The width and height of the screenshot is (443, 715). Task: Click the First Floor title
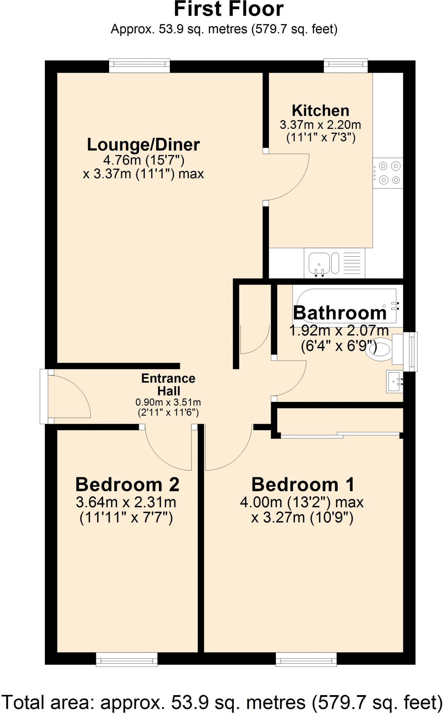228,9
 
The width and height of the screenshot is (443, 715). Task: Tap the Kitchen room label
320,111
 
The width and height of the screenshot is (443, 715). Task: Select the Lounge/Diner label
143,145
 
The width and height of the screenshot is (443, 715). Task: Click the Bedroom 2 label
127,485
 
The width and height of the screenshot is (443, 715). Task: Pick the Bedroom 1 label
303,485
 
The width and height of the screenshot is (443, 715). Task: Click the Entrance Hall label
168,384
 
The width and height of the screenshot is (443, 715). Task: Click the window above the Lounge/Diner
139,65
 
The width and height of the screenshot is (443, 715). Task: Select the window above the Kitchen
346,65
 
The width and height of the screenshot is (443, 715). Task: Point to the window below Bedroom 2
127,659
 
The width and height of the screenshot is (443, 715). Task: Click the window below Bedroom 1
306,659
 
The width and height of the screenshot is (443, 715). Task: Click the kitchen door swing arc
290,178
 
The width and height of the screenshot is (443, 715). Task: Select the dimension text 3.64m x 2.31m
126,502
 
